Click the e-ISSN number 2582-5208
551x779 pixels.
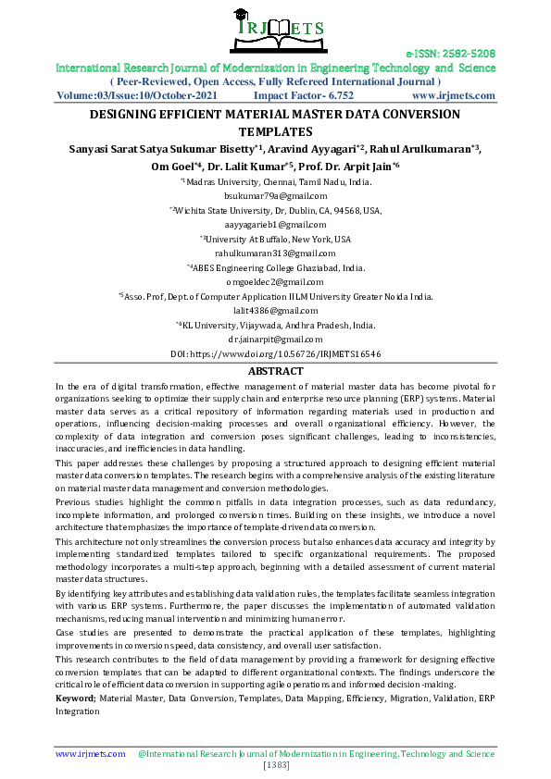point(451,54)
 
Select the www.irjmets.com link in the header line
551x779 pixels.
point(454,95)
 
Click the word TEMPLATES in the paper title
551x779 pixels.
point(275,132)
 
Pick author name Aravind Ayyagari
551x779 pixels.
point(312,149)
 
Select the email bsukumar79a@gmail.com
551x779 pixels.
point(275,197)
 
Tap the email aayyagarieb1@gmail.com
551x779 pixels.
point(275,225)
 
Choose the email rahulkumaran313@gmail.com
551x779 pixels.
point(275,253)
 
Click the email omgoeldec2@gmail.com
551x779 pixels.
point(275,282)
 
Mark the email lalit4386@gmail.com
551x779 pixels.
point(275,311)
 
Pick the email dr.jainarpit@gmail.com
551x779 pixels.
point(275,340)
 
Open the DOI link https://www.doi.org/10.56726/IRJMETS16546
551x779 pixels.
point(275,354)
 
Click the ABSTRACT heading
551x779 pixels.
point(275,371)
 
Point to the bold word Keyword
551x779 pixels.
point(75,699)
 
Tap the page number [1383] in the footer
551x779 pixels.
point(276,765)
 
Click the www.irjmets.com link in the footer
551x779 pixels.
point(90,754)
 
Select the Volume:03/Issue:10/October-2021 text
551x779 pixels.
point(137,95)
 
